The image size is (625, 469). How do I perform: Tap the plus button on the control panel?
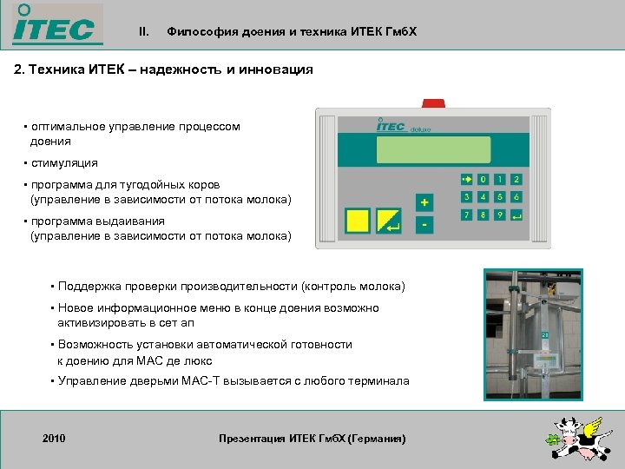tap(424, 202)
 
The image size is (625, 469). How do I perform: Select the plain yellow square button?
tap(357, 221)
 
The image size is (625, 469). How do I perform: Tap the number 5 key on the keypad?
tap(499, 197)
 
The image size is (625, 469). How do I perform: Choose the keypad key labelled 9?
tap(499, 215)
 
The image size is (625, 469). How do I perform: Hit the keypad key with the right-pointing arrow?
tap(466, 180)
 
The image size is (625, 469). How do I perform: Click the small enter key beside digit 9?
tap(516, 215)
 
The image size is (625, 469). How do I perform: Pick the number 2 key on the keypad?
tap(516, 180)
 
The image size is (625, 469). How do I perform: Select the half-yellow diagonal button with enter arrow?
tap(389, 221)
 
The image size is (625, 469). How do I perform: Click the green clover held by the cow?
tap(554, 440)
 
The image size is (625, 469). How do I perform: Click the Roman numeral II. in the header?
tap(144, 32)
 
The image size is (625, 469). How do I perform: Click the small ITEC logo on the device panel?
tap(391, 127)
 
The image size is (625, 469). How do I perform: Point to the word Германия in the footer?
tap(376, 439)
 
